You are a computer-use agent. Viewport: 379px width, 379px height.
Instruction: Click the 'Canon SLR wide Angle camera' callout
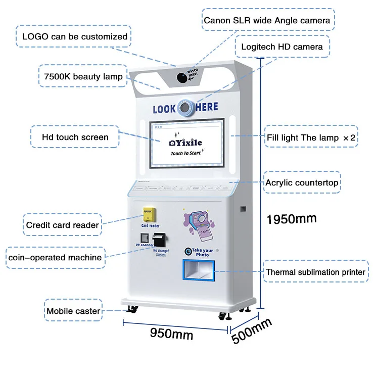click(267, 21)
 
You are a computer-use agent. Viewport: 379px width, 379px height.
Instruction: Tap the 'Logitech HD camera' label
click(282, 47)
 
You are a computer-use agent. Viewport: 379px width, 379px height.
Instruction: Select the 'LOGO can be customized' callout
click(75, 37)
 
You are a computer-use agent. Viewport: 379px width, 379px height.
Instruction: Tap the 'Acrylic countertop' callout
click(302, 182)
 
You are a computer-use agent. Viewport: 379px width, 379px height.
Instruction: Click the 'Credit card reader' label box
click(62, 225)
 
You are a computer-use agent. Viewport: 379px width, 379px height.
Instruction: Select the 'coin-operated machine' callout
click(55, 257)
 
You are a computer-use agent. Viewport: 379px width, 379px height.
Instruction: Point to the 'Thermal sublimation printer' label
click(316, 272)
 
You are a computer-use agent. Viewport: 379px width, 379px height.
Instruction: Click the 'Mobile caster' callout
click(73, 311)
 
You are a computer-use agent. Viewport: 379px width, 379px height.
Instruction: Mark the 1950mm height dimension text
click(292, 219)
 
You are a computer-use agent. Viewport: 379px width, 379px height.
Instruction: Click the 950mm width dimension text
click(171, 334)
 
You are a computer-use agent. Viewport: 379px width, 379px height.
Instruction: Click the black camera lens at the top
click(181, 77)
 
